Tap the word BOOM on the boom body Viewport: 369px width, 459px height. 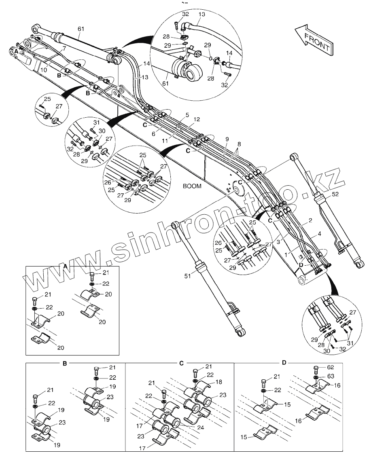point(192,186)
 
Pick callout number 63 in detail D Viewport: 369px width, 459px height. point(331,377)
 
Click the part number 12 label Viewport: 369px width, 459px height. point(197,120)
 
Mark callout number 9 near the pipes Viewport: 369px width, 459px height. point(227,139)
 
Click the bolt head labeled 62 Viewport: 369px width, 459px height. point(316,368)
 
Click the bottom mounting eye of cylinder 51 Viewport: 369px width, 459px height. point(240,332)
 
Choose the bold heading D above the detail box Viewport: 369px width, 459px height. point(284,362)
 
